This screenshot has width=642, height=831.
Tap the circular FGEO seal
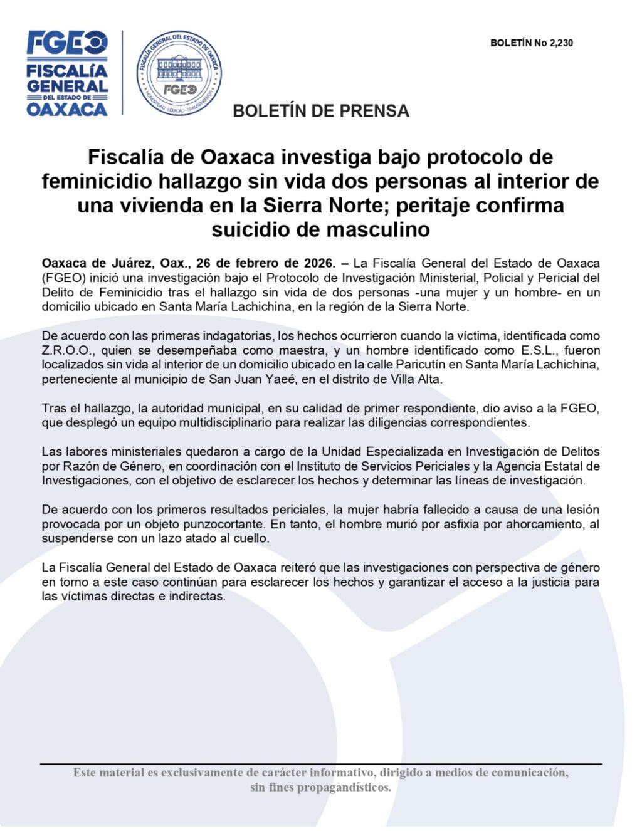(x=179, y=73)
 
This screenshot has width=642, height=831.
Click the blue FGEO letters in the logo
(x=67, y=44)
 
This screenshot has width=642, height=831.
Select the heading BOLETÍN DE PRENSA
(x=320, y=111)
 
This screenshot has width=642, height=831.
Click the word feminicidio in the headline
(x=97, y=181)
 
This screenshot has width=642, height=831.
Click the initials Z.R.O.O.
(x=68, y=350)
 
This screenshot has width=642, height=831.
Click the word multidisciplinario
(x=222, y=422)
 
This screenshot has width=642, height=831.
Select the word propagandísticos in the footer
(x=344, y=787)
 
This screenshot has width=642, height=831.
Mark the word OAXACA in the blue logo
(x=67, y=109)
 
